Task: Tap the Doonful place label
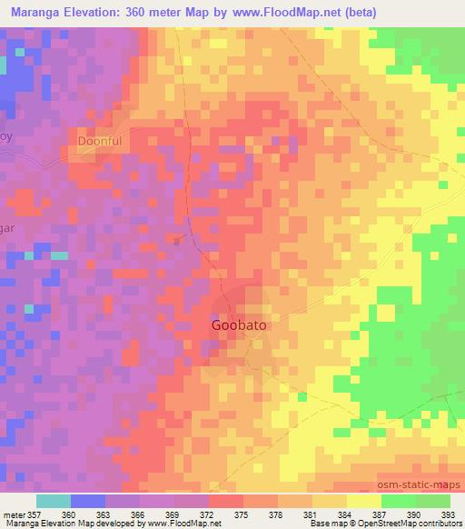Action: pyautogui.click(x=100, y=142)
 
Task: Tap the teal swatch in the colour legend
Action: pyautogui.click(x=54, y=501)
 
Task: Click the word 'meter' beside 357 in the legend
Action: pyautogui.click(x=15, y=514)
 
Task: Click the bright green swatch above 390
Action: pyautogui.click(x=399, y=501)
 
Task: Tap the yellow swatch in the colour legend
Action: pyautogui.click(x=364, y=501)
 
